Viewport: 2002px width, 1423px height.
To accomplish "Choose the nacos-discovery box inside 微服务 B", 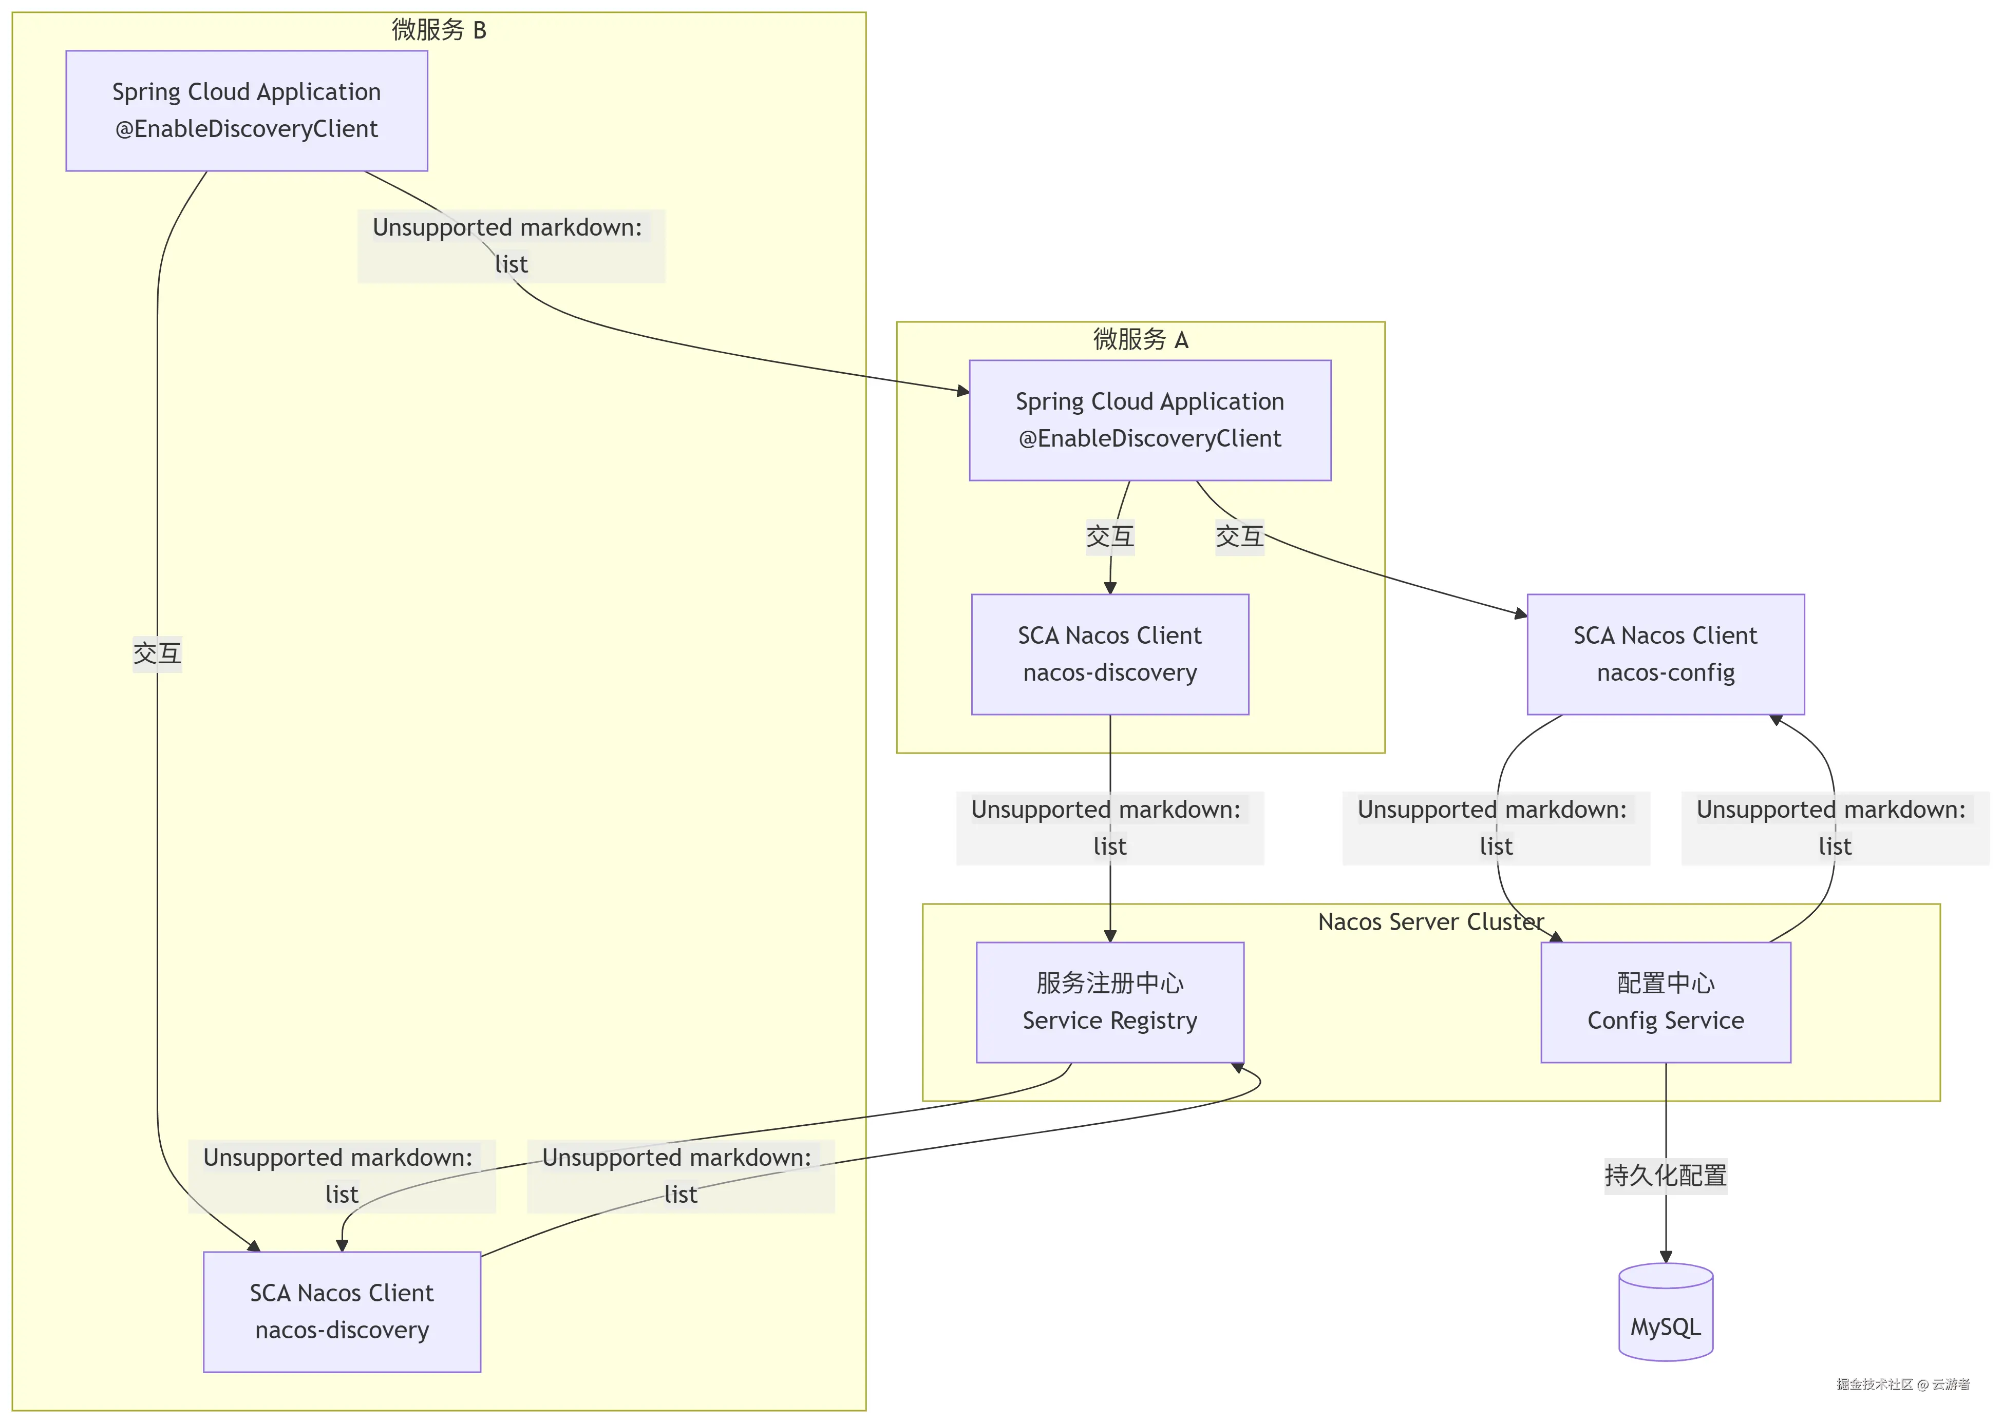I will click(342, 1311).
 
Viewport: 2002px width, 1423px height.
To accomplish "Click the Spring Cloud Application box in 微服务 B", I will click(247, 110).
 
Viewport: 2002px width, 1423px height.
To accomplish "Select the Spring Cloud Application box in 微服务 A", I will click(1149, 420).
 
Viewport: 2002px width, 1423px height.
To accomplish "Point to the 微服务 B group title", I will click(438, 30).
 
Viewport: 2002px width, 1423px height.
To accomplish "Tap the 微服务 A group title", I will click(1140, 339).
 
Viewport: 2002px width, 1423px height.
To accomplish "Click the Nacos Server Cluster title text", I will click(1430, 922).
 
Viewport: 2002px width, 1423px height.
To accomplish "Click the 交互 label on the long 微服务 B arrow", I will click(157, 653).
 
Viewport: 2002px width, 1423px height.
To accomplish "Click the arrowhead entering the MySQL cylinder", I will click(1666, 1257).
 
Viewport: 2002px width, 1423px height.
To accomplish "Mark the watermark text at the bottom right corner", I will click(1902, 1384).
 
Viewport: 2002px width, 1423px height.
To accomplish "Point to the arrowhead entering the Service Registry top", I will click(1110, 936).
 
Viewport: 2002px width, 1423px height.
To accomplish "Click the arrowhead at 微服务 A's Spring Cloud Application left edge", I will click(964, 391).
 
